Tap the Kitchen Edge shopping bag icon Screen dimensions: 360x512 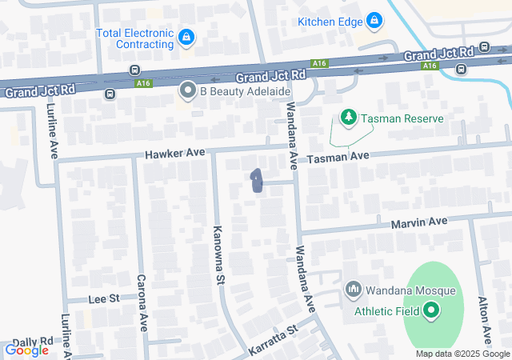(x=374, y=20)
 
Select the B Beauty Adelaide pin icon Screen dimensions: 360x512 (x=188, y=90)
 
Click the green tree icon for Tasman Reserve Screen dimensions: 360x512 (x=349, y=118)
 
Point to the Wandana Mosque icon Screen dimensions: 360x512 (x=354, y=289)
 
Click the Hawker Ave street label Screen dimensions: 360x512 (x=174, y=152)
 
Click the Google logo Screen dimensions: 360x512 (x=26, y=350)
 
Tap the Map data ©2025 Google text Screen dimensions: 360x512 (x=462, y=354)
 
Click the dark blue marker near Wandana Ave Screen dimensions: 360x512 (x=257, y=182)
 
